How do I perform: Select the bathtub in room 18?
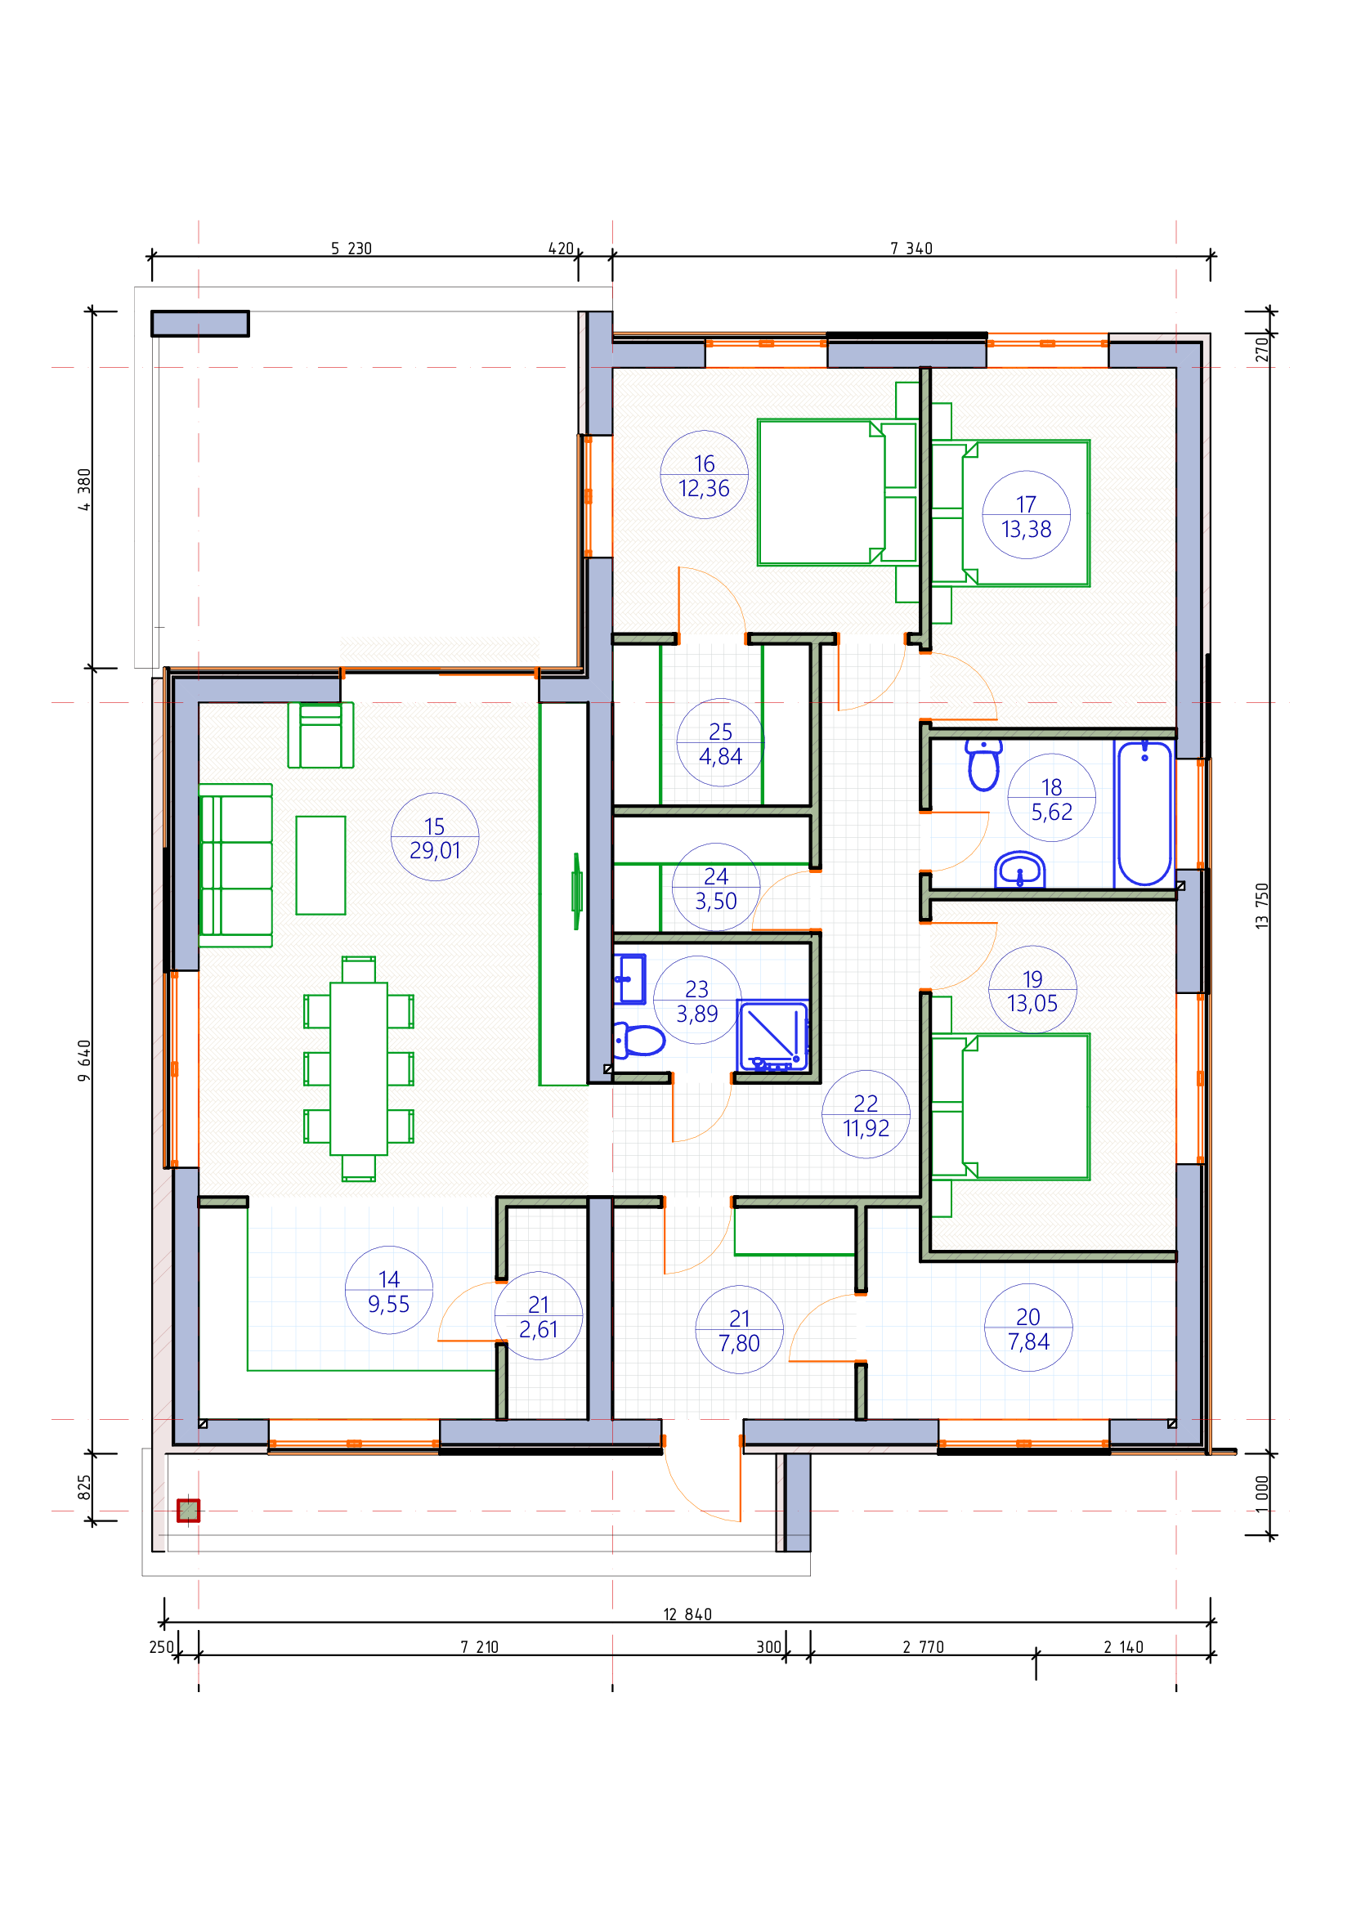tap(1144, 813)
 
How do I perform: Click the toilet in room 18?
tap(984, 764)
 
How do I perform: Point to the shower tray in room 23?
tap(772, 1035)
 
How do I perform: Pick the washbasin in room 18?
tap(1020, 870)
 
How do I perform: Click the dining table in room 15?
tap(359, 1068)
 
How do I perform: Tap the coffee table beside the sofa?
tap(320, 865)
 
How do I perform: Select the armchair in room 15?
tap(320, 735)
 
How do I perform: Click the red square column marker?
tap(188, 1511)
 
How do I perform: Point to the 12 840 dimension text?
tap(687, 1614)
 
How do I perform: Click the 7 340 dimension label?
tap(911, 249)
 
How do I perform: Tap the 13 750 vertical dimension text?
tap(1262, 906)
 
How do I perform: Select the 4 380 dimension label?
tap(84, 490)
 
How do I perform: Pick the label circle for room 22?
tap(866, 1114)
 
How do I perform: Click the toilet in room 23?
tap(638, 1040)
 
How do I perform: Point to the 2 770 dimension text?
tap(923, 1647)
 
